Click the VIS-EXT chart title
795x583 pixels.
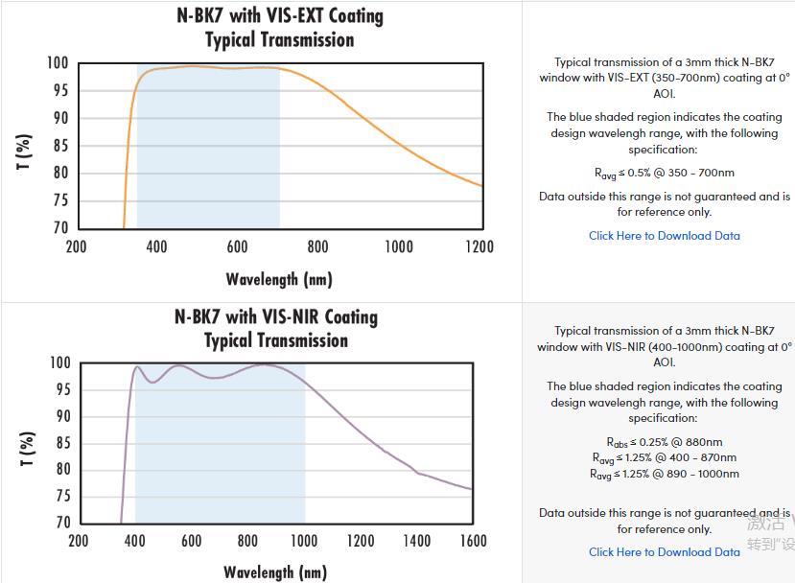click(x=279, y=28)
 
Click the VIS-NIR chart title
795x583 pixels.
click(x=276, y=328)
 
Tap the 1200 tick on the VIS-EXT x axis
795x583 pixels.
click(x=479, y=246)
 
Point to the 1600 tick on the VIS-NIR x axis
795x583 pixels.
click(x=473, y=541)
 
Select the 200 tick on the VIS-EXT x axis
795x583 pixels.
click(x=76, y=246)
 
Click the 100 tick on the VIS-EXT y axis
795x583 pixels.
click(x=58, y=63)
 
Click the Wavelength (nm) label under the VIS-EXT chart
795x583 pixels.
click(x=278, y=279)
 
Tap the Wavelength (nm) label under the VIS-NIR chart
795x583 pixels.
click(x=275, y=572)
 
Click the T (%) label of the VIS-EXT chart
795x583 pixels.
click(x=25, y=152)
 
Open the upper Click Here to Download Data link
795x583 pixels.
click(x=664, y=235)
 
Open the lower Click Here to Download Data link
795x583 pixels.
click(x=664, y=551)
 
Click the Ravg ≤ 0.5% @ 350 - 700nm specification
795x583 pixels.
click(x=665, y=174)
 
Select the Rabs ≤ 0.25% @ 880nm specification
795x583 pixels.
click(x=665, y=442)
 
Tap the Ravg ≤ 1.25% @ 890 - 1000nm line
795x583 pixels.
click(x=665, y=474)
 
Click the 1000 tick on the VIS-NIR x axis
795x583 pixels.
click(x=304, y=541)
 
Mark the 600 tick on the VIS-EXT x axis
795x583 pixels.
click(x=238, y=246)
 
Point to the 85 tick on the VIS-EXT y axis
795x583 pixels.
click(x=60, y=146)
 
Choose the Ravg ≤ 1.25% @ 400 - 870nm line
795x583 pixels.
click(x=665, y=457)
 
